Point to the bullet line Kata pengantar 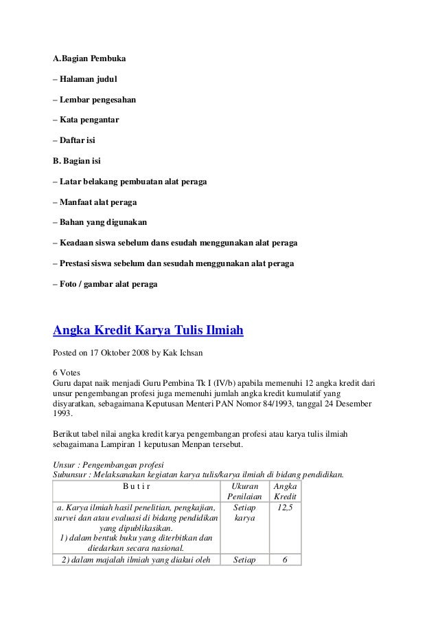86,121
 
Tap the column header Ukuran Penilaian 244,491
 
